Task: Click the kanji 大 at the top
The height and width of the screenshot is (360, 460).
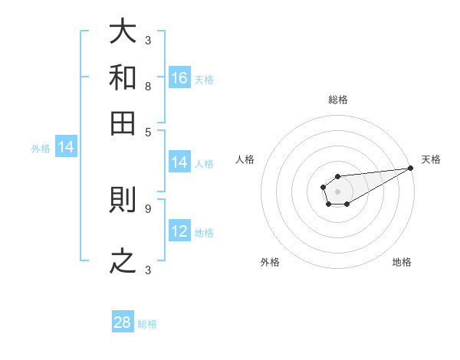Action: tap(123, 32)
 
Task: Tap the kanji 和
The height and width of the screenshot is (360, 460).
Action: tap(123, 77)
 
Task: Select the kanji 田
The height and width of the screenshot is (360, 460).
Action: tap(123, 123)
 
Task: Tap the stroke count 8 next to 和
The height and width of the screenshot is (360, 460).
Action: tap(147, 87)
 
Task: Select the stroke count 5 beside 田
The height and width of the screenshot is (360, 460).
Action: tap(147, 132)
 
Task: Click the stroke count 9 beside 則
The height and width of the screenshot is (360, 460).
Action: tap(147, 208)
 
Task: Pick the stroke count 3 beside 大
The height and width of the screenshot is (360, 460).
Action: tap(147, 40)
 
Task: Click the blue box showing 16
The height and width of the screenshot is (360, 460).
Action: tap(179, 77)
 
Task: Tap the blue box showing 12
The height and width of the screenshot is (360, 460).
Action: tap(179, 231)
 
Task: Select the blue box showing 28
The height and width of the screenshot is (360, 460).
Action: tap(123, 322)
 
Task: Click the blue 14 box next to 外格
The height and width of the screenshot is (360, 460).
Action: tap(66, 147)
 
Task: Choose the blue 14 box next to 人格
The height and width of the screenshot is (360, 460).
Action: tap(179, 162)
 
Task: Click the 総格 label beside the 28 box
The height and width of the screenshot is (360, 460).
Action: tap(147, 324)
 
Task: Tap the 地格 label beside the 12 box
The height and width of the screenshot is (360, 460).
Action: tap(204, 233)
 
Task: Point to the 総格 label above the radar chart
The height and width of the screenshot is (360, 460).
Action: tap(337, 100)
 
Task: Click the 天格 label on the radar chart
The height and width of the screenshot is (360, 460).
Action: tap(431, 159)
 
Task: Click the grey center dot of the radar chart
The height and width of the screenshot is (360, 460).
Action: tap(337, 191)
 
